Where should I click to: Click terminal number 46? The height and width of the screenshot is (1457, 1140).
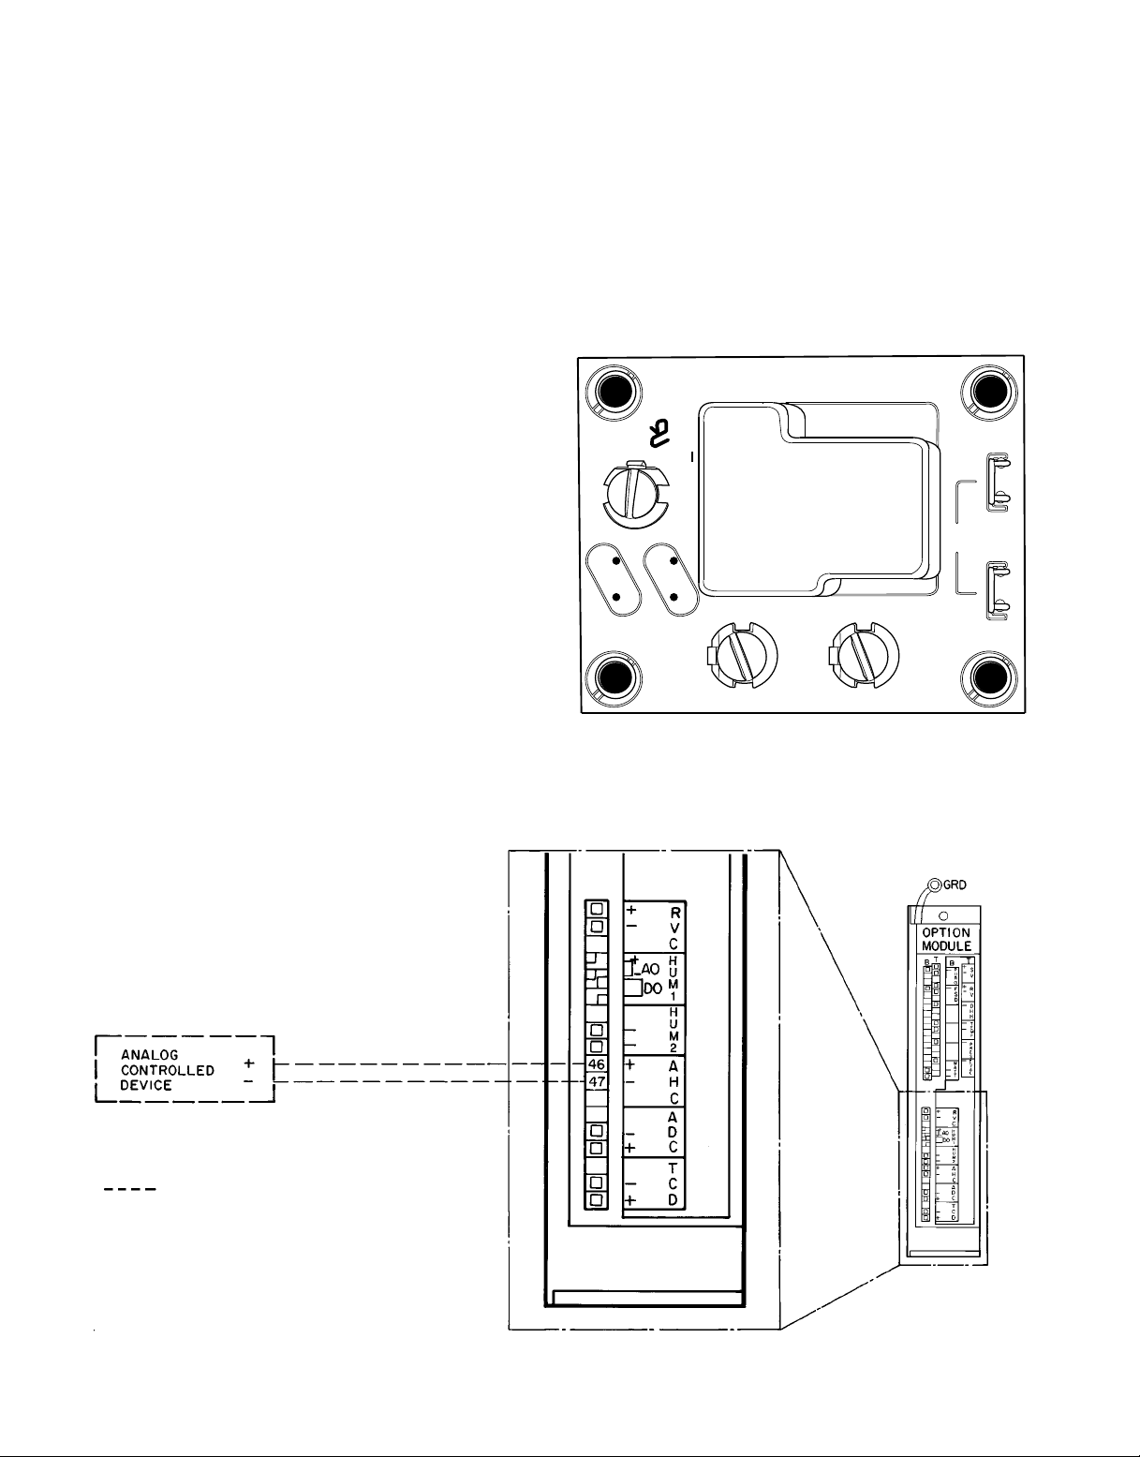coord(597,1065)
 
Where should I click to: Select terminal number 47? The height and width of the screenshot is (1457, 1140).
coord(597,1081)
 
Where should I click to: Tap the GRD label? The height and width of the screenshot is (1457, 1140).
coord(955,885)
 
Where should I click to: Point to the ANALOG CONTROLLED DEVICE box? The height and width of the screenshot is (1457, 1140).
coord(185,1070)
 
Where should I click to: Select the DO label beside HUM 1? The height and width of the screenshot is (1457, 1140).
coord(653,988)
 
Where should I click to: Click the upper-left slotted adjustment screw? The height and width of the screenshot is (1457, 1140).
coord(634,492)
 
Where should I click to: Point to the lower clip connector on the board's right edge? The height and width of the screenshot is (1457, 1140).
coord(997,590)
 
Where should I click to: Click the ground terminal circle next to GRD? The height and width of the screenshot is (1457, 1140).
coord(934,885)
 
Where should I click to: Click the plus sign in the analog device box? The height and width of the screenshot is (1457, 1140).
coord(248,1064)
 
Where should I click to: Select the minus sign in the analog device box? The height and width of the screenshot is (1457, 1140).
coord(248,1081)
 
